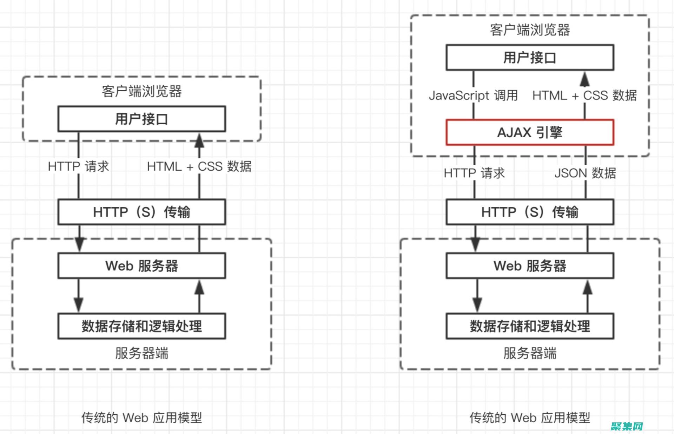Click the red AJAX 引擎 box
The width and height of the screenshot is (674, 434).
point(530,132)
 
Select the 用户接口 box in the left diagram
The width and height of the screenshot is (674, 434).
point(141,119)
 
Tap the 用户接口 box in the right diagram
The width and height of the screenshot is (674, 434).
point(530,58)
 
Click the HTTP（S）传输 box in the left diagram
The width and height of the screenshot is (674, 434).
point(141,212)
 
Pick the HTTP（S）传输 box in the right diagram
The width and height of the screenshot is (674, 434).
point(530,212)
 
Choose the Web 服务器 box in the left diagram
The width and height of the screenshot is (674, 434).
point(141,266)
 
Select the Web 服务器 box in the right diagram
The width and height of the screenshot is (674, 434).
point(530,266)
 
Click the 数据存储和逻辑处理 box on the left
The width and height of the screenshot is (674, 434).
point(141,326)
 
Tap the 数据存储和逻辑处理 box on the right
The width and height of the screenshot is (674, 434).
point(530,326)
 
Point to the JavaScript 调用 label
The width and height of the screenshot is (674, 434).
point(473,95)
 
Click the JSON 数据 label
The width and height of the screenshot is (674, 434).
point(585,173)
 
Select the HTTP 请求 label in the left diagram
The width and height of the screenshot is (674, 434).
point(78,166)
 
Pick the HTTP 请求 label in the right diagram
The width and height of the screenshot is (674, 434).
point(474,173)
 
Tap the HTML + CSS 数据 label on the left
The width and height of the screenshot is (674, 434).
point(199,166)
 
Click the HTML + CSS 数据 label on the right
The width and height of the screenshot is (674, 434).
point(584,95)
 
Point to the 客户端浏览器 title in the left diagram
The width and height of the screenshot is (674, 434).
point(141,91)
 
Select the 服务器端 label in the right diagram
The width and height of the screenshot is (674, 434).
point(530,353)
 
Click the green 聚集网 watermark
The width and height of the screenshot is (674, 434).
point(627,426)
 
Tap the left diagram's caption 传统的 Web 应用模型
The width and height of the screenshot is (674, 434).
point(141,417)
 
